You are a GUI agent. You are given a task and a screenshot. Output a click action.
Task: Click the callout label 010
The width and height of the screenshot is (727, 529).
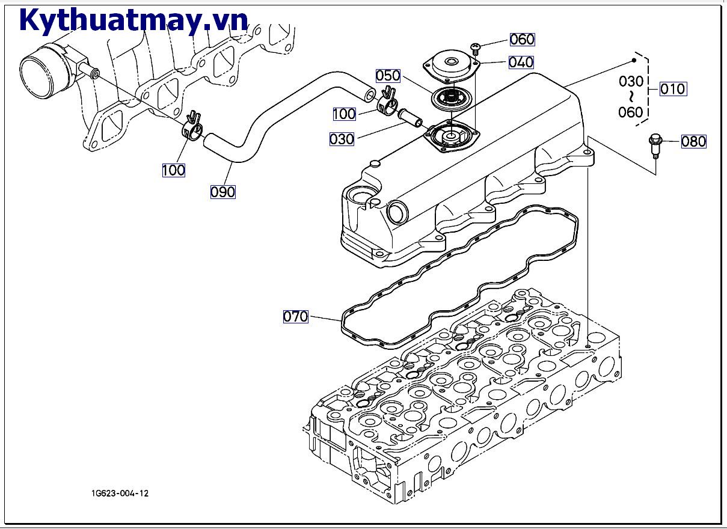click(x=672, y=89)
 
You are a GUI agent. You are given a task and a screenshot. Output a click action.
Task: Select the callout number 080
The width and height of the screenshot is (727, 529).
click(x=693, y=142)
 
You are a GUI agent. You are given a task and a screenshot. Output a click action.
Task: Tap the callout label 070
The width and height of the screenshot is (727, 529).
click(x=295, y=316)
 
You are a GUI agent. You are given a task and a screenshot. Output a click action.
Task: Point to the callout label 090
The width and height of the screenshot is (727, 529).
click(x=222, y=192)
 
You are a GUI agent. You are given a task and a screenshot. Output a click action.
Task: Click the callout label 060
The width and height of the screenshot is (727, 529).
click(x=522, y=40)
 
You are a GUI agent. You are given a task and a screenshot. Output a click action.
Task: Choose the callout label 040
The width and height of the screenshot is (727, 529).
click(x=521, y=62)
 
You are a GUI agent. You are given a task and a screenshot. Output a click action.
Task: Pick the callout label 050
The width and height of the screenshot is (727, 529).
click(x=388, y=76)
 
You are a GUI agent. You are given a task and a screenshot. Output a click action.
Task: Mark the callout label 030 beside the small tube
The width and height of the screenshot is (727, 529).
click(x=342, y=139)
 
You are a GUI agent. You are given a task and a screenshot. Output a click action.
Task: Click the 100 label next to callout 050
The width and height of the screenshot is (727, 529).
click(x=344, y=114)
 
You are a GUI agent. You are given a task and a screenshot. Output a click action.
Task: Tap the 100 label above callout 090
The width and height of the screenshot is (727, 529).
click(x=173, y=170)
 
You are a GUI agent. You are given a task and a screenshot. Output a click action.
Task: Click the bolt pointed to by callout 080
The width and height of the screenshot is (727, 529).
click(x=655, y=145)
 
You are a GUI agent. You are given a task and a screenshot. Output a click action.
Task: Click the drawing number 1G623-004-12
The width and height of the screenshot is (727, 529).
click(x=120, y=494)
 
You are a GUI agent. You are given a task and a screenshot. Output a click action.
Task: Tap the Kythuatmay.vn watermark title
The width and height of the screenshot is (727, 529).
click(x=133, y=20)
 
